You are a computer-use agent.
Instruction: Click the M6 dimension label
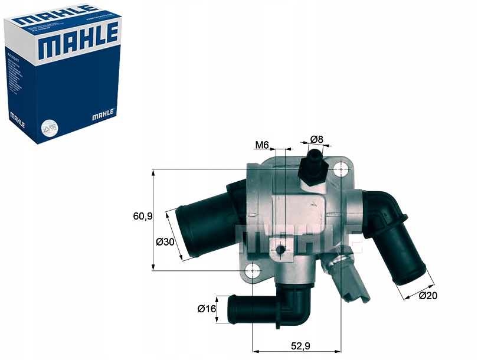click(262, 145)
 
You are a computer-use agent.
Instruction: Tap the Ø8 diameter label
click(317, 140)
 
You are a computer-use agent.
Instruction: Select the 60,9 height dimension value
click(142, 216)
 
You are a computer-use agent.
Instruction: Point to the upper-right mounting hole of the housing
click(342, 170)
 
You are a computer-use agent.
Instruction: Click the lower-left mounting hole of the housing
click(253, 271)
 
